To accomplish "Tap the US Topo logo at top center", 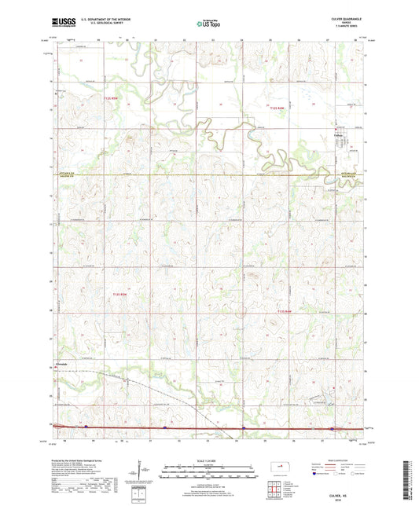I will point(209,24).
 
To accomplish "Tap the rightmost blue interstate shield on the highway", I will point(331,429).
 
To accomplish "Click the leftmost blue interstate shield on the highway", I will point(86,427).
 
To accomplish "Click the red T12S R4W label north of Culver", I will point(276,107).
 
